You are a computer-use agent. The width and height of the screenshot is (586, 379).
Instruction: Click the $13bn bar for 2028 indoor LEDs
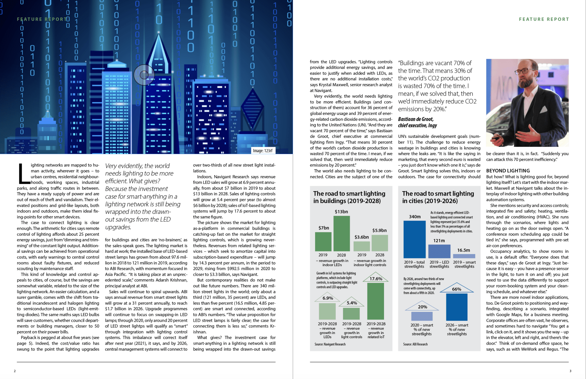point(342,233)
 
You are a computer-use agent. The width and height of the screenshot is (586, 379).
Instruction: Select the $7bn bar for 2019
point(323,241)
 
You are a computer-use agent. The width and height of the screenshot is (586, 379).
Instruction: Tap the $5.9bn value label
point(379,230)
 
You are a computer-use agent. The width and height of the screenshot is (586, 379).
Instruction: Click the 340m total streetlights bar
point(414,239)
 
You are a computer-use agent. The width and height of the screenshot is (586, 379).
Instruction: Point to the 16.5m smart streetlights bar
point(464,256)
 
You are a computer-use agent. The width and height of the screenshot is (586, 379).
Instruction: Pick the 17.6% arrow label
point(376,279)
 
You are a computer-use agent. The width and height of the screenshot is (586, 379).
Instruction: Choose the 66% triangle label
point(457,289)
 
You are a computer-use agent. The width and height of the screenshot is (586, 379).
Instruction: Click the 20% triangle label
point(422,307)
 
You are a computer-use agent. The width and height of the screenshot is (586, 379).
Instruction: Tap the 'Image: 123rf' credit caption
point(263,151)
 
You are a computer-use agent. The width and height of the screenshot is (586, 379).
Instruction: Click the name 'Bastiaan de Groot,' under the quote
point(415,119)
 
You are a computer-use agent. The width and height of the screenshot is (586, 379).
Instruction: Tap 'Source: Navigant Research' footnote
point(330,344)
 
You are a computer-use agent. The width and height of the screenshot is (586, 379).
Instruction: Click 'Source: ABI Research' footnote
point(415,344)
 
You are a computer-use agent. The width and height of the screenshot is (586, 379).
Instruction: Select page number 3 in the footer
point(570,371)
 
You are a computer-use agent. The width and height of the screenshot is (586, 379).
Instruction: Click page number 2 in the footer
point(15,371)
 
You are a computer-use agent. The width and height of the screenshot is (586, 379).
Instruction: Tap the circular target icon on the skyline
point(144,75)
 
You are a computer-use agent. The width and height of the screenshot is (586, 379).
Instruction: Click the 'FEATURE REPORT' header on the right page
point(544,19)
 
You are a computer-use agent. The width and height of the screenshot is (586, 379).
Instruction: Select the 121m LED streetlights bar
point(439,251)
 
